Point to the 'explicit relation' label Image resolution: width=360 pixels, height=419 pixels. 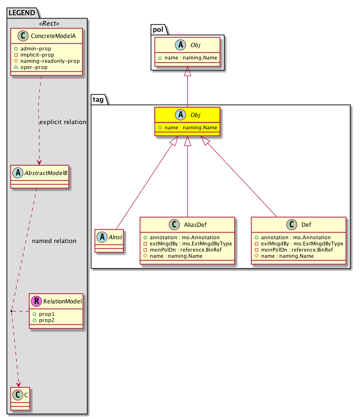point(63,122)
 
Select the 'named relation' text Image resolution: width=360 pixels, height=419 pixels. point(54,241)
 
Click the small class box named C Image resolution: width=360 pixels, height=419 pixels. point(20,399)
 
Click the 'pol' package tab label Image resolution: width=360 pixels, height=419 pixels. point(158,29)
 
